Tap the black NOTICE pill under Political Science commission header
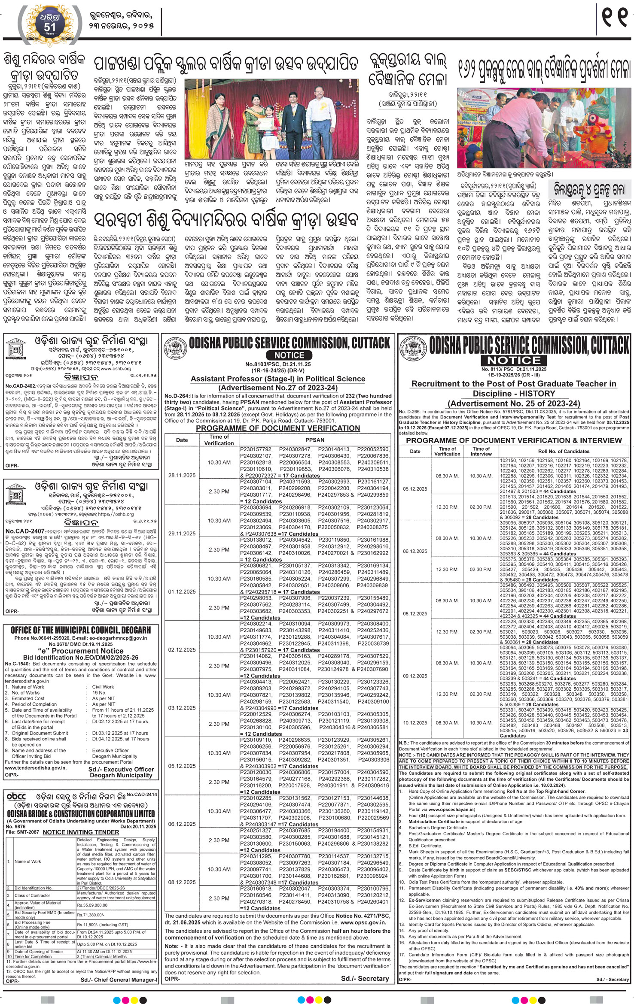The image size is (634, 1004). click(x=289, y=355)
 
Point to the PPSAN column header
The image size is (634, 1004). click(x=315, y=440)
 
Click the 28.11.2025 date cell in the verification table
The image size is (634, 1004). click(x=182, y=475)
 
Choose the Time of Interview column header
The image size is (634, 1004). click(x=481, y=451)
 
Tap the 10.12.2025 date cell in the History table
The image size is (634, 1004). click(x=415, y=722)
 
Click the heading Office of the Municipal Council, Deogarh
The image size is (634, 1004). click(x=81, y=630)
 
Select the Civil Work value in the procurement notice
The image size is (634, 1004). click(x=103, y=687)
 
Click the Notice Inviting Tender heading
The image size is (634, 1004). click(x=81, y=832)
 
